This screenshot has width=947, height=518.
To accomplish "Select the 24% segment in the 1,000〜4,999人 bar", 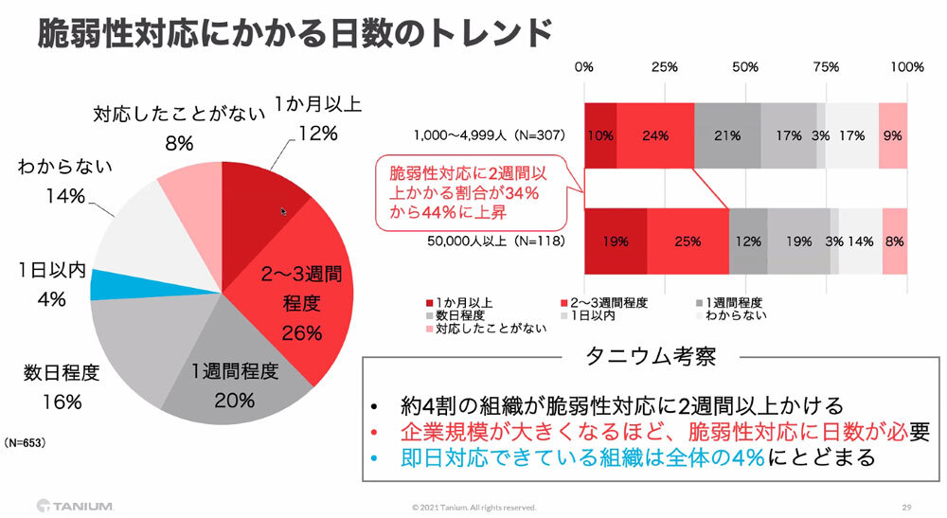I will click(x=654, y=135).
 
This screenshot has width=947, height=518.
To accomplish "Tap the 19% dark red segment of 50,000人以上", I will click(x=616, y=241).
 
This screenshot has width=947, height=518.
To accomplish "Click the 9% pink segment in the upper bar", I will click(x=892, y=135).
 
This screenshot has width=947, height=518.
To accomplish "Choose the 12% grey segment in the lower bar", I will click(x=747, y=241).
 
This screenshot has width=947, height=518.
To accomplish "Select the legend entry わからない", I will click(x=733, y=315).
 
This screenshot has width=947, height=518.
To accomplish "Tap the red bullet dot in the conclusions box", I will click(x=376, y=433).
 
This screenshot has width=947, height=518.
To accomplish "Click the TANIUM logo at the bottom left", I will click(x=76, y=504).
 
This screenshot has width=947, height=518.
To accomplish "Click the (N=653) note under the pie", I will click(x=25, y=442).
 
